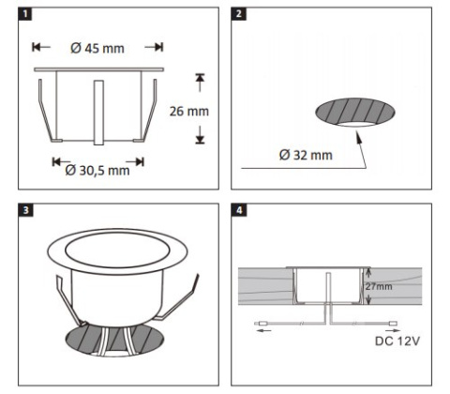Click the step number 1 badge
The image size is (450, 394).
coord(25,14)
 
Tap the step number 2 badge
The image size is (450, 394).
coord(238,14)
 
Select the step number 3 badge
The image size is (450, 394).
coord(25,210)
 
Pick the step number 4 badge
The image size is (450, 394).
coord(239,210)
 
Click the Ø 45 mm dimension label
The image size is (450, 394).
coord(97,49)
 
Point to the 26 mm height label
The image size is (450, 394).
coord(189,112)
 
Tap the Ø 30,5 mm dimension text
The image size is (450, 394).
coord(97,171)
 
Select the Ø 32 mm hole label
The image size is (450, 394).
coord(306,155)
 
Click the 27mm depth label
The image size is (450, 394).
coord(379,286)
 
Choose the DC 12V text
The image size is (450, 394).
coord(397,341)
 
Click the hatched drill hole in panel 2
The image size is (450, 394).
coord(355,111)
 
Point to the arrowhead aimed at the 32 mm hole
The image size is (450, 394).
coord(359,138)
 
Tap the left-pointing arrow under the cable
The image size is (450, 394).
coord(263,330)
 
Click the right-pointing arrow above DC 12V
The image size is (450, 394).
coord(393,330)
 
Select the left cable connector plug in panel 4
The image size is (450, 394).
coord(261,324)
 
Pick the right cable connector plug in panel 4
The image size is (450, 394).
coord(393,324)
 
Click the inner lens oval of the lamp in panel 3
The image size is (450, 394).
coord(117,250)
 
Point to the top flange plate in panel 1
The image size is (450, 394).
coord(98,69)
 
